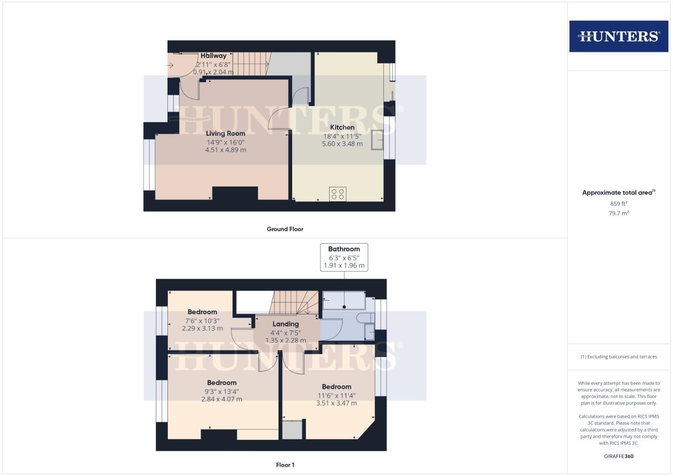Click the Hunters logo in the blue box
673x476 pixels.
tap(618, 36)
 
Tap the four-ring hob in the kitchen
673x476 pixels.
tap(338, 194)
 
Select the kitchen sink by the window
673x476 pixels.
tap(377, 140)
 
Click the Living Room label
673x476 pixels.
tap(225, 133)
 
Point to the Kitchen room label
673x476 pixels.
tap(342, 127)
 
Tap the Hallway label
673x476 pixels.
tap(213, 56)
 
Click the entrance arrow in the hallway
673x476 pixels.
tap(171, 66)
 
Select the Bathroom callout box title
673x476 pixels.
tap(344, 249)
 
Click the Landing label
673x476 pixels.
tap(285, 324)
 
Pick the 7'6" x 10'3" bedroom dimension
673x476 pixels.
tap(202, 320)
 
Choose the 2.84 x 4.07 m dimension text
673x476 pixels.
tap(222, 399)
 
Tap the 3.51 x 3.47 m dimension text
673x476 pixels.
tap(336, 403)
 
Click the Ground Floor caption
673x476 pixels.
tap(285, 229)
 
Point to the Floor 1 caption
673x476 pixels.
tap(285, 465)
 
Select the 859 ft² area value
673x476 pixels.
tap(618, 204)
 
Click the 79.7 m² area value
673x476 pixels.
tap(618, 213)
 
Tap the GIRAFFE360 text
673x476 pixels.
tap(618, 456)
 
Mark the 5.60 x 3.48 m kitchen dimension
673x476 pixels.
tap(342, 144)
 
